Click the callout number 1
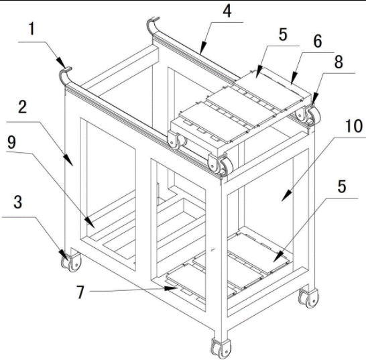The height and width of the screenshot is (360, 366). pyautogui.click(x=32, y=29)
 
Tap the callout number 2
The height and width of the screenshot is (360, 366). pyautogui.click(x=23, y=107)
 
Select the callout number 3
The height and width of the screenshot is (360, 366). pyautogui.click(x=18, y=202)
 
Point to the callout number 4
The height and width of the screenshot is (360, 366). pyautogui.click(x=227, y=11)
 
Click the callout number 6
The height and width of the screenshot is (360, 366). pyautogui.click(x=318, y=41)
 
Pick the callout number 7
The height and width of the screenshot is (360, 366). pyautogui.click(x=80, y=292)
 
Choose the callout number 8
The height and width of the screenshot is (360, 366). pyautogui.click(x=339, y=62)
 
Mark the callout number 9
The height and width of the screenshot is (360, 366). pyautogui.click(x=11, y=142)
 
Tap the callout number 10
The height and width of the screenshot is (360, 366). pyautogui.click(x=354, y=126)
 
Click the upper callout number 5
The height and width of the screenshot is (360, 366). pyautogui.click(x=283, y=34)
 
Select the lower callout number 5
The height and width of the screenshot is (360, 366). pyautogui.click(x=342, y=186)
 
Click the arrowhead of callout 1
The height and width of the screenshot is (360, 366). pyautogui.click(x=61, y=62)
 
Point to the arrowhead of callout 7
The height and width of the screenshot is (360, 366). pyautogui.click(x=171, y=288)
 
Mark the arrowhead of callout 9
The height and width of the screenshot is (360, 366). pyautogui.click(x=89, y=223)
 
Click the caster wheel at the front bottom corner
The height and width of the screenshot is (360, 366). pyautogui.click(x=221, y=347)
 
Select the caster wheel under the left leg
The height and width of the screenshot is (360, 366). pyautogui.click(x=71, y=262)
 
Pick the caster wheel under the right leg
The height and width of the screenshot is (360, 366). pyautogui.click(x=308, y=298)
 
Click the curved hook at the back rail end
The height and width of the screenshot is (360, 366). pyautogui.click(x=152, y=25)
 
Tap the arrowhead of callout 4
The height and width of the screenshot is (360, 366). pyautogui.click(x=203, y=47)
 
